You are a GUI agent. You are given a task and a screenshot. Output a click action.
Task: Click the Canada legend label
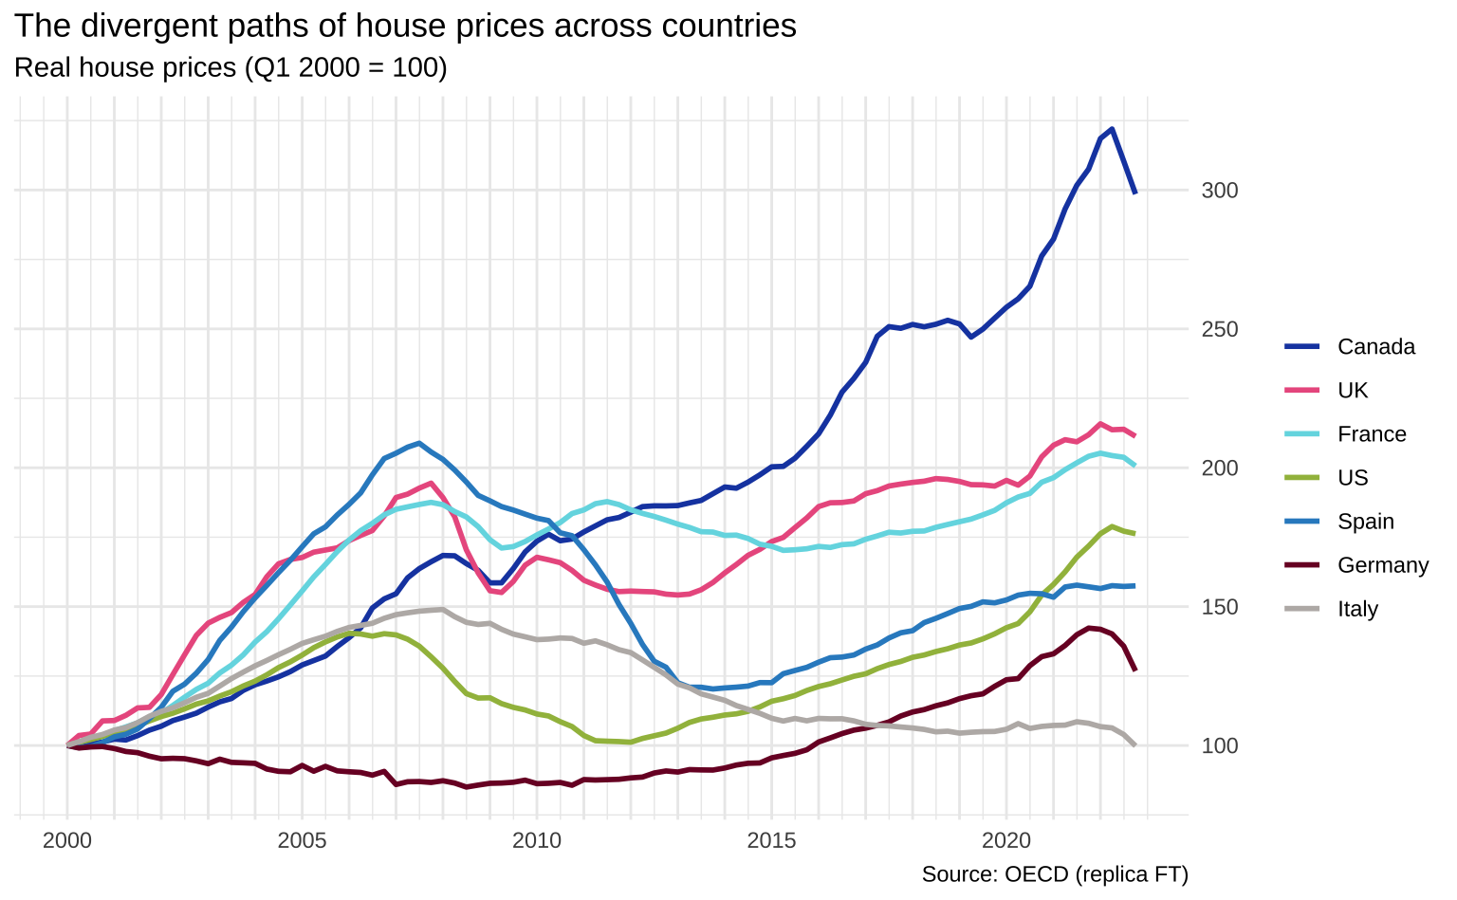point(1375,347)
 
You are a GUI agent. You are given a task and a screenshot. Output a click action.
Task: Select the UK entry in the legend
point(1353,391)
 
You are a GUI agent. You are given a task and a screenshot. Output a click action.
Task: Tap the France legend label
point(1372,434)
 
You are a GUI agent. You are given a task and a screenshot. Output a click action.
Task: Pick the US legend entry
point(1353,478)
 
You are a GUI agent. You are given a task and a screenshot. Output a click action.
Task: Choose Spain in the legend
point(1365,522)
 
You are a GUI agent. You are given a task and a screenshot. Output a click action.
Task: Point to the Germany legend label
point(1382,565)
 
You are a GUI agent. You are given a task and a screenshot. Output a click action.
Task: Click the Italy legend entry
point(1357,609)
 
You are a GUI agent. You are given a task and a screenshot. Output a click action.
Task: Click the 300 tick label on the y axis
point(1219,191)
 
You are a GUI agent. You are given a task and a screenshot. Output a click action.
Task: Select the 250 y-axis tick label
point(1219,329)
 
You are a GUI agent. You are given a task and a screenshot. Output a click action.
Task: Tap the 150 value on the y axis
point(1219,607)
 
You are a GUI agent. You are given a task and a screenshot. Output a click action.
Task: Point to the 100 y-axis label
point(1219,745)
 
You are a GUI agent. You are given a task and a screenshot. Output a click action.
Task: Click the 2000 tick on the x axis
point(67,840)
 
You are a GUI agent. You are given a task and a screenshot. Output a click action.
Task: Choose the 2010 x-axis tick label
point(537,840)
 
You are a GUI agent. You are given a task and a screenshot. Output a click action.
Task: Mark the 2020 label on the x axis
point(1006,840)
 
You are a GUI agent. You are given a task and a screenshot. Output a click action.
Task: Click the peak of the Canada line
point(1112,129)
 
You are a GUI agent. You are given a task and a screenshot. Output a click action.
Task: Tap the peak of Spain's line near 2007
point(419,443)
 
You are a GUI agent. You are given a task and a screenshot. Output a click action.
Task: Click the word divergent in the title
point(139,26)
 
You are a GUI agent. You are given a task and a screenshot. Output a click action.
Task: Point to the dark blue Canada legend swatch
point(1303,347)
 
